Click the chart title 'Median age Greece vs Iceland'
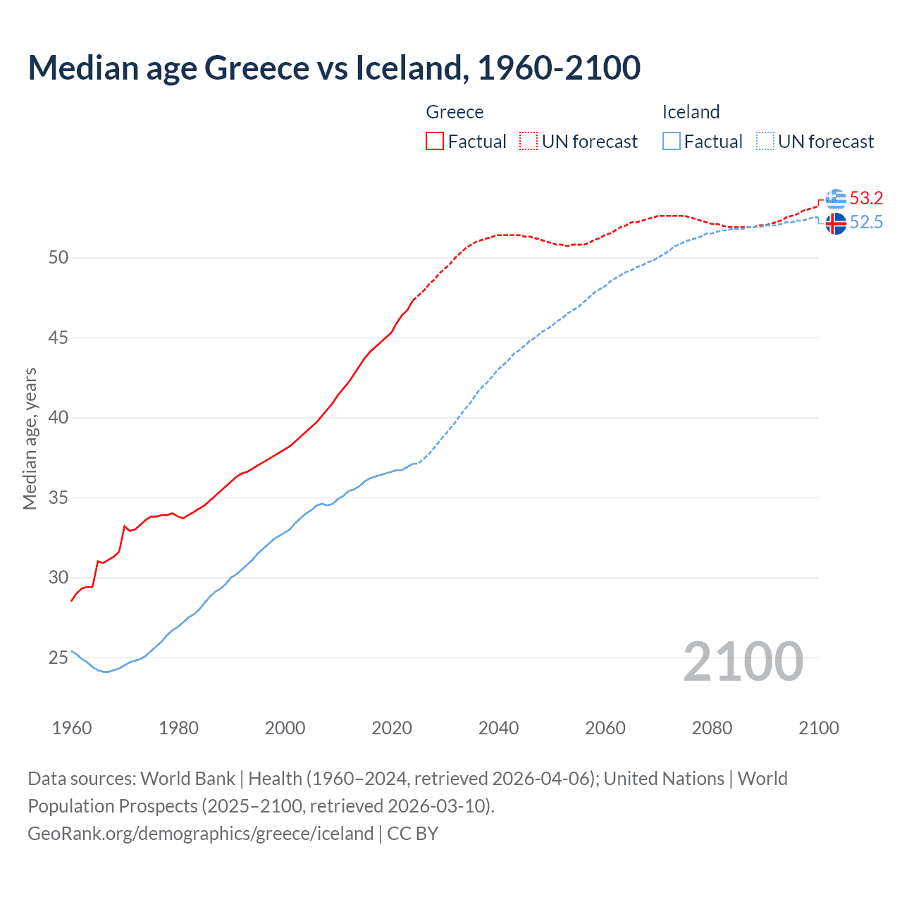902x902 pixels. coord(334,68)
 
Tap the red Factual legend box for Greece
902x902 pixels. coord(435,142)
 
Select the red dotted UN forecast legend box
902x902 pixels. coord(529,142)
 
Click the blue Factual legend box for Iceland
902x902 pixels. coord(672,142)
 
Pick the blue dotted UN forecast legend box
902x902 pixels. coord(765,142)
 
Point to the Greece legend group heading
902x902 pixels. coord(455,112)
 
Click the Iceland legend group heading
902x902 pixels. coord(691,112)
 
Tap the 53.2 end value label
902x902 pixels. coord(866,198)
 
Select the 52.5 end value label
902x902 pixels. coord(866,223)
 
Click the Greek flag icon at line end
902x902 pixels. coord(836,199)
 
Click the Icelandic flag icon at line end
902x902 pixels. coord(836,224)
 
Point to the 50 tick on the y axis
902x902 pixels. coord(58,258)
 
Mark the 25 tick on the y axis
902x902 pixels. coord(58,658)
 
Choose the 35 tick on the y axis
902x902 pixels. coord(58,498)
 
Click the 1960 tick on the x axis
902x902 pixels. coord(72,728)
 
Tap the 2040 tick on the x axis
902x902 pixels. coord(498,728)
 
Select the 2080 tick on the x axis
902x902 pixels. coord(712,728)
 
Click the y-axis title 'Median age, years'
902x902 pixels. coord(30,438)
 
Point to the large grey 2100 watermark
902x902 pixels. coord(743,662)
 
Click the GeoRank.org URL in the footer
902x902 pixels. coord(200,834)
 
